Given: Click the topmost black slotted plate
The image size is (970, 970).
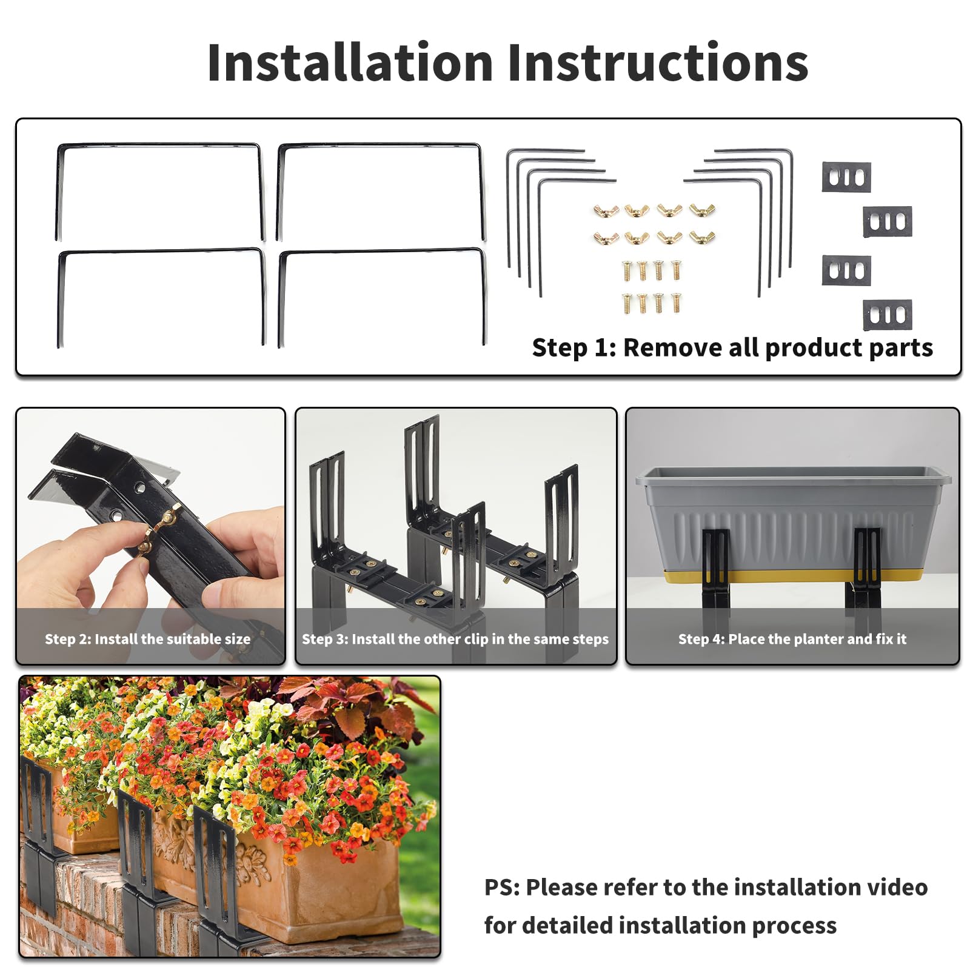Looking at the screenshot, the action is [x=846, y=177].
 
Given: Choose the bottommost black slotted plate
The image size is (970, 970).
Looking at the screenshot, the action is [x=888, y=315].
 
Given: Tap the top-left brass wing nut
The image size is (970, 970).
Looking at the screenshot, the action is [x=606, y=211].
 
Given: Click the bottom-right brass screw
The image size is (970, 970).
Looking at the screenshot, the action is [x=675, y=303].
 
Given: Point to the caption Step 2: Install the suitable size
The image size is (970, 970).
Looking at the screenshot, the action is [x=147, y=639].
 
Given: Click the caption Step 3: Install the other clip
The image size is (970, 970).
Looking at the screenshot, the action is [x=455, y=639].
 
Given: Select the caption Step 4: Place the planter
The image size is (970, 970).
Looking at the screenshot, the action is [x=792, y=639].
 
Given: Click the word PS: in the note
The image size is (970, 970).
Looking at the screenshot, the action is [x=502, y=888].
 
